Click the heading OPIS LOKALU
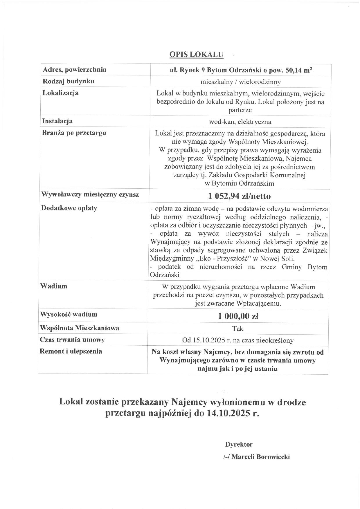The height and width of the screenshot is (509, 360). [x=196, y=55]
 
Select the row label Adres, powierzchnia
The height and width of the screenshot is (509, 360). [x=74, y=70]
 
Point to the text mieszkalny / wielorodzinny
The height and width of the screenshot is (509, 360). [x=240, y=82]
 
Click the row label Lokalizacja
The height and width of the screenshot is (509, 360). [x=60, y=93]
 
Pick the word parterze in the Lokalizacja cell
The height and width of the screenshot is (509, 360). [x=240, y=110]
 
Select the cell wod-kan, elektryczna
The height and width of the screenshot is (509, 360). [x=240, y=122]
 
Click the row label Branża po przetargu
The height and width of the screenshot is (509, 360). [x=74, y=133]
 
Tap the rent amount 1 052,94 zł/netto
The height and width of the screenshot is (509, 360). [x=240, y=196]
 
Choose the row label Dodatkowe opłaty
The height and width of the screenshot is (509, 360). [x=69, y=208]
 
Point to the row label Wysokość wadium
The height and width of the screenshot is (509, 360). [x=69, y=314]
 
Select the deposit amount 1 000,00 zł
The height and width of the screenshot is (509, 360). [x=238, y=316]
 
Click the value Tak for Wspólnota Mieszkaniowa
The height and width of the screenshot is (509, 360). [x=238, y=328]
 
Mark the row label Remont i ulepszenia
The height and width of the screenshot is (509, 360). [x=71, y=351]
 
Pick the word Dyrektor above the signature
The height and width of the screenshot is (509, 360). [x=239, y=444]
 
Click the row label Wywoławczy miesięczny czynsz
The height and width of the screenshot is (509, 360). [x=90, y=194]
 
